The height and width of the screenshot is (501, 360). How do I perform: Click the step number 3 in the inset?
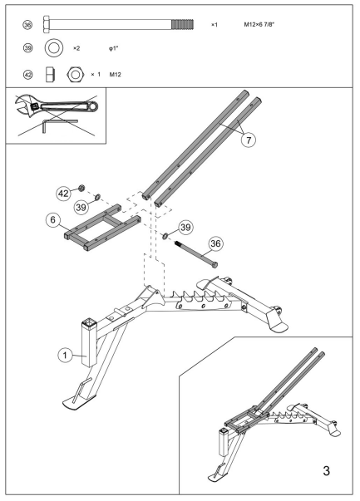click(x=327, y=471)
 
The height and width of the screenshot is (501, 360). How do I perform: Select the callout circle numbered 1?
click(x=62, y=355)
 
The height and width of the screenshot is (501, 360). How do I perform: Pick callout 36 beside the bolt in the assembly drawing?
click(x=215, y=243)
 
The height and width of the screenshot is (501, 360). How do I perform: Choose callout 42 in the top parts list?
click(x=27, y=74)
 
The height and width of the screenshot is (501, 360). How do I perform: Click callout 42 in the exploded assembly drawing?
click(x=63, y=192)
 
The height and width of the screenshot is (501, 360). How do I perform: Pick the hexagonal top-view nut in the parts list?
click(x=74, y=74)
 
